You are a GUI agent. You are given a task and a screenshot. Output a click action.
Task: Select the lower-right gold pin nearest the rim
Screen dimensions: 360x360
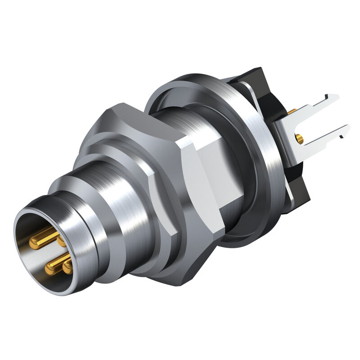68,268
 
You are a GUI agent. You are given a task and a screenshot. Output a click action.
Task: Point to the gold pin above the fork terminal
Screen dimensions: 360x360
292,111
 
